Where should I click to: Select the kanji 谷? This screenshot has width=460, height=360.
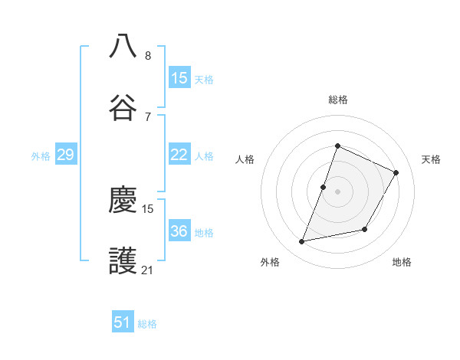[x=123, y=106]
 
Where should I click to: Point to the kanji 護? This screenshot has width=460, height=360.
[x=123, y=261]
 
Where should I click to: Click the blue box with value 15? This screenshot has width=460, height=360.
[x=179, y=78]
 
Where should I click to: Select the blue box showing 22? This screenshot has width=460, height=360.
[x=179, y=155]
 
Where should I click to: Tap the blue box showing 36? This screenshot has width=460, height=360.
[x=179, y=231]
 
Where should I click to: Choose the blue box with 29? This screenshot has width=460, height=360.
[x=65, y=155]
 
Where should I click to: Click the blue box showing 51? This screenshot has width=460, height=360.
[x=123, y=322]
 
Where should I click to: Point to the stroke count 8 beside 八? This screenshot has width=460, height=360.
[x=148, y=55]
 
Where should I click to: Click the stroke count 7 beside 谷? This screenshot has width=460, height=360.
[x=148, y=116]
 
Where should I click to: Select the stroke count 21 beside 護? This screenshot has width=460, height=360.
[x=148, y=270]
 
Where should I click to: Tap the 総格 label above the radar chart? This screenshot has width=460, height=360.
[x=337, y=100]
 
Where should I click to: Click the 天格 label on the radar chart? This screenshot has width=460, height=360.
[x=431, y=159]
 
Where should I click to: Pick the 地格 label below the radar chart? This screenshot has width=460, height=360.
[x=402, y=262]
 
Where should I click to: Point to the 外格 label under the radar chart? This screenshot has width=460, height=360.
[x=270, y=262]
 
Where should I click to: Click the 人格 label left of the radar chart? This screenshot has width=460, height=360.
[x=245, y=159]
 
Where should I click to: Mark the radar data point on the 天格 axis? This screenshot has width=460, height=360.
[x=396, y=172]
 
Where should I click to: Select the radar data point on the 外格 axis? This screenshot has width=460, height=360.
[x=302, y=242]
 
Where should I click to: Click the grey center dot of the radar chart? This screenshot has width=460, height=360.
[x=337, y=191]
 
